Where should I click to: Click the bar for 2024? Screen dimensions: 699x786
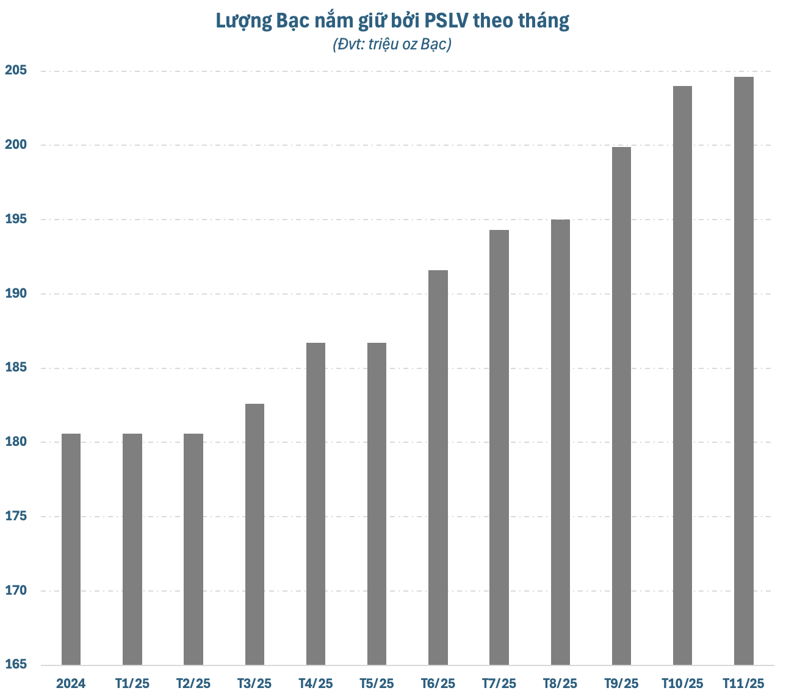[71, 549]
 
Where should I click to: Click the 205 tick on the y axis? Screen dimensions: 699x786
[16, 70]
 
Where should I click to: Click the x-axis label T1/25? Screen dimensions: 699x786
[132, 683]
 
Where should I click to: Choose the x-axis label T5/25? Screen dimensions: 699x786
[377, 683]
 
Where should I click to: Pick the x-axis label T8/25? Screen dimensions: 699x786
[560, 683]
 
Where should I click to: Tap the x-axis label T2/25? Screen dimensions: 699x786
[193, 683]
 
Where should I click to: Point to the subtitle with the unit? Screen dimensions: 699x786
[392, 45]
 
